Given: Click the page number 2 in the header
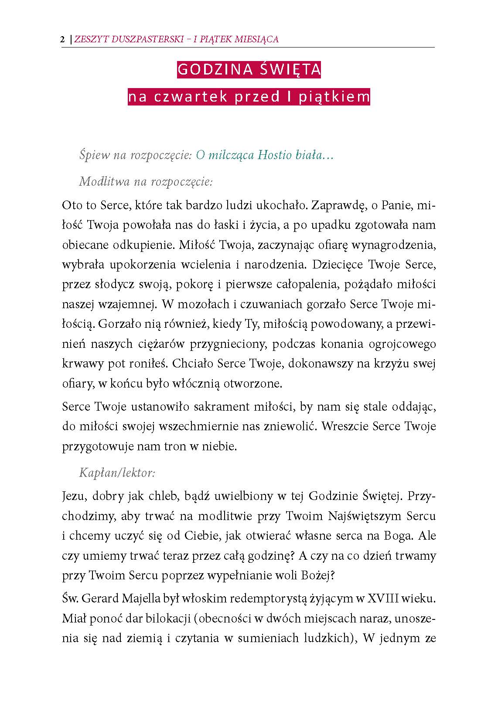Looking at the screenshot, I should point(62,39).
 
